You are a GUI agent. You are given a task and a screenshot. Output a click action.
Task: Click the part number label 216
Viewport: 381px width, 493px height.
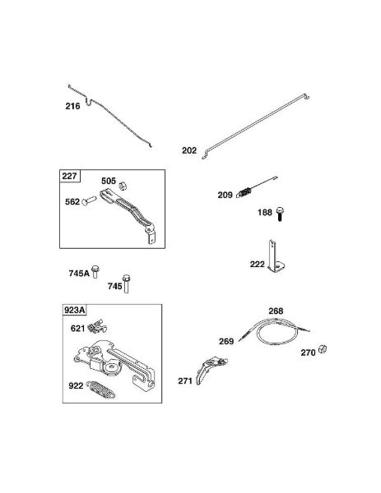pos(72,106)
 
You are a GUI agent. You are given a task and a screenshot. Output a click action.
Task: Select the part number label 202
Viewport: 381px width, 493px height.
pos(189,150)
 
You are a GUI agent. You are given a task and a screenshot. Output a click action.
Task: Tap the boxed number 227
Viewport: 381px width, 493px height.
pos(69,176)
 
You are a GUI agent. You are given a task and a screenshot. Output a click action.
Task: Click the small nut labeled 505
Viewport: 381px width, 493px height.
pos(123,187)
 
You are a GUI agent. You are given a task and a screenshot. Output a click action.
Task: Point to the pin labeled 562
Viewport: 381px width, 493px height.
pos(89,201)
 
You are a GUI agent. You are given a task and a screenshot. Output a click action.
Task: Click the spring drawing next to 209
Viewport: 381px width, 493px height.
pos(244,192)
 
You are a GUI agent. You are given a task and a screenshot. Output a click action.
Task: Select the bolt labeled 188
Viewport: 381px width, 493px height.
pos(280,214)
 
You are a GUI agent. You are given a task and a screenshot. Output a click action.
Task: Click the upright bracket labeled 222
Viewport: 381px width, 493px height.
pos(276,256)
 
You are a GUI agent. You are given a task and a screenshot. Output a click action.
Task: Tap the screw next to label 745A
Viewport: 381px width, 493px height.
pos(95,272)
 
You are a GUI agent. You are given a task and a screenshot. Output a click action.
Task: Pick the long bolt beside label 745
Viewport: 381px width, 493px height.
pos(126,283)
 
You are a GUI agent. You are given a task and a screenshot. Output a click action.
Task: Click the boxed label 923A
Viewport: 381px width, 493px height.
pos(74,311)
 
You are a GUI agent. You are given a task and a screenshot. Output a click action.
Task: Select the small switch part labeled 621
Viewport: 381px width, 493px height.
pos(97,327)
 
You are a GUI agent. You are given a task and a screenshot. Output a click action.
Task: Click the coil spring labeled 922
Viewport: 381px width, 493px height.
pos(100,389)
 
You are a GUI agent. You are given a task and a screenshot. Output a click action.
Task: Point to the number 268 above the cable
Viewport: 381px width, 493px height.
pos(276,311)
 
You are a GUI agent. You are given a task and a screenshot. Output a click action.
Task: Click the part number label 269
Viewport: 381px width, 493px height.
pos(226,342)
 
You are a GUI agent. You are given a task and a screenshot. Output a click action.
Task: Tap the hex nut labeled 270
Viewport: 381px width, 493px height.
pos(322,348)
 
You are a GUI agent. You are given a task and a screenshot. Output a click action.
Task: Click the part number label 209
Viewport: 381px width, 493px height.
pos(225,195)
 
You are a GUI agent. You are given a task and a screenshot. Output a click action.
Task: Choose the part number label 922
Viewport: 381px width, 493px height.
pos(76,386)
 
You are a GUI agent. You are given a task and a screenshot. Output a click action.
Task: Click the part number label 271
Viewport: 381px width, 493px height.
pos(185,381)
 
